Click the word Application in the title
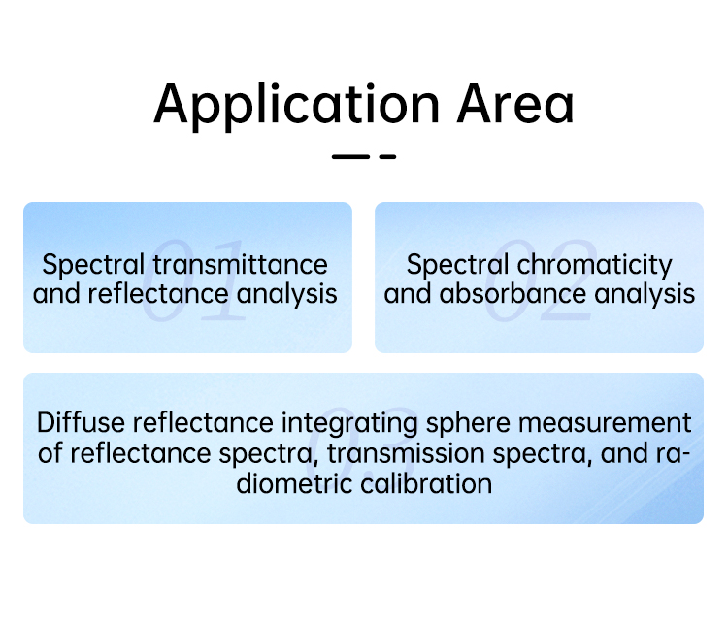tap(297, 106)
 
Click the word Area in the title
tap(515, 105)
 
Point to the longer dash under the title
tap(350, 157)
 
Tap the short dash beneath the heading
tap(387, 157)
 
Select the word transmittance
tap(241, 265)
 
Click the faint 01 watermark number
tap(193, 280)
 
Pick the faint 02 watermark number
tap(540, 280)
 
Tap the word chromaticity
tap(595, 266)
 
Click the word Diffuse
tap(82, 422)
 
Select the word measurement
tap(605, 423)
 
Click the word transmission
tap(406, 453)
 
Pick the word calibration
tap(426, 484)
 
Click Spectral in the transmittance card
tap(93, 266)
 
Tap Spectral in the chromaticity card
tap(458, 266)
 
